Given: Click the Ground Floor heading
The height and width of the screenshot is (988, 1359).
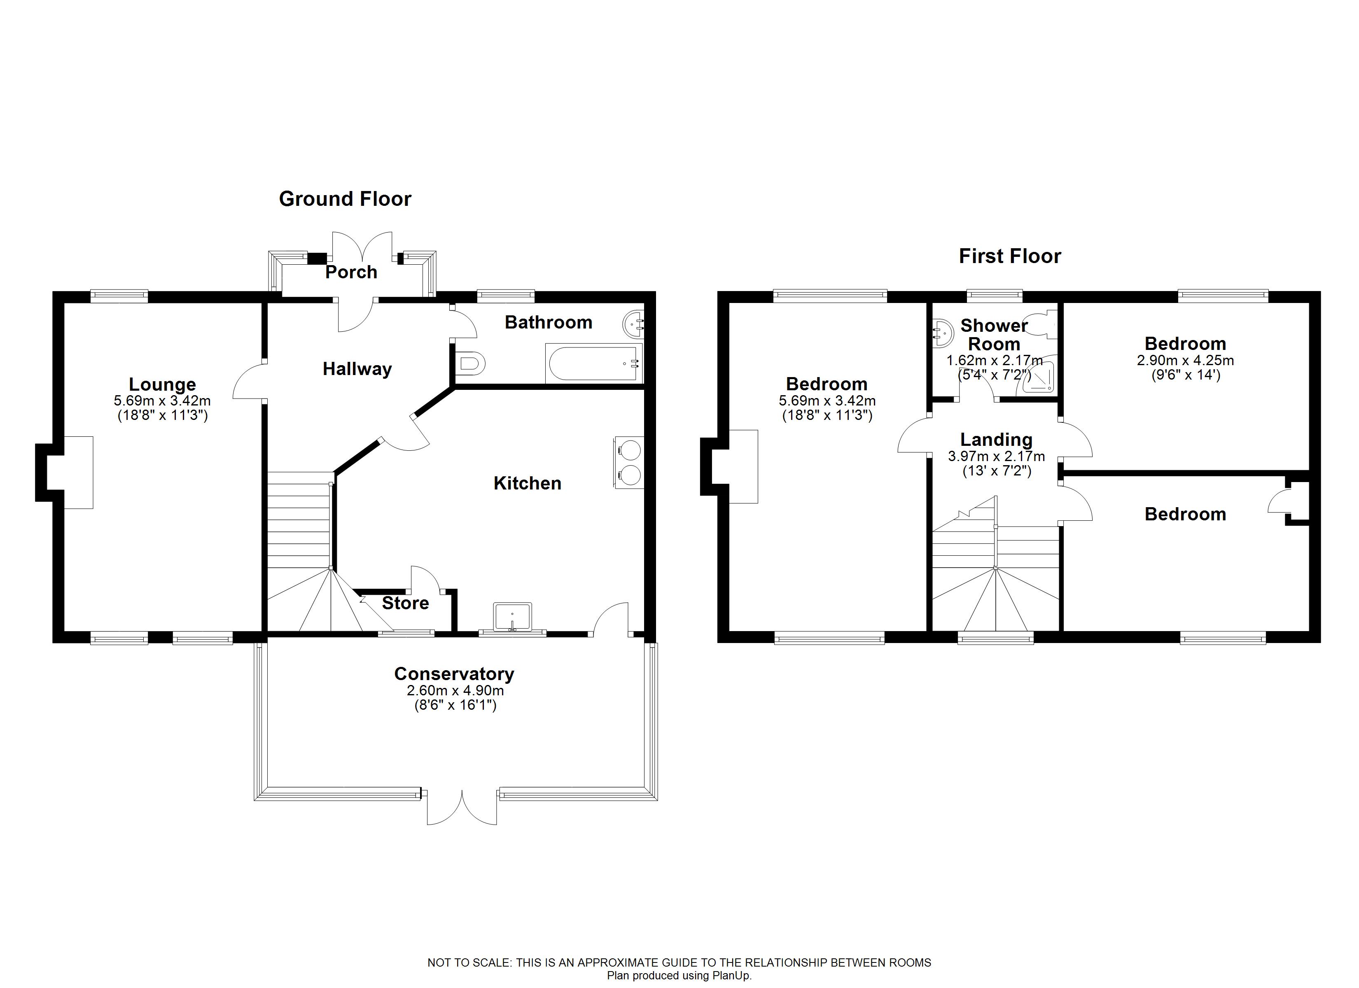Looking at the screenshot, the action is (345, 199).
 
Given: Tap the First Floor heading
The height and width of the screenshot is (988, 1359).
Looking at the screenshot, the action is (1010, 256).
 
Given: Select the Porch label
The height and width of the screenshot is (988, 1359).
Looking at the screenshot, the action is (351, 272).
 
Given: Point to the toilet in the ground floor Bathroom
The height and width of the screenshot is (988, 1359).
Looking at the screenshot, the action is (470, 363).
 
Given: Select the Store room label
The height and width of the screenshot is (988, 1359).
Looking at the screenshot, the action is (405, 604).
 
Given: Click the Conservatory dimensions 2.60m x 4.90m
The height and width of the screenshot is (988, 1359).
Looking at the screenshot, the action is (455, 690).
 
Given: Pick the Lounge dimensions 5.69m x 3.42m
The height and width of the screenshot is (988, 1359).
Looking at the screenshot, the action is (162, 401).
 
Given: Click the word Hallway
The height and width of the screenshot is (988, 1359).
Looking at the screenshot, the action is (357, 369).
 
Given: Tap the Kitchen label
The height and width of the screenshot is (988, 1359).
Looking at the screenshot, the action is (527, 484).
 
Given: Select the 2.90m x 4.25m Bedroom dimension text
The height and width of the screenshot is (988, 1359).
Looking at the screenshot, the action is (1185, 361).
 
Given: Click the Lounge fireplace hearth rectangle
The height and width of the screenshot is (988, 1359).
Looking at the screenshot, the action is (79, 473).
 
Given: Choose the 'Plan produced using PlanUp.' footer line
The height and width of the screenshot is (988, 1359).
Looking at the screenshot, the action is (679, 975).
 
